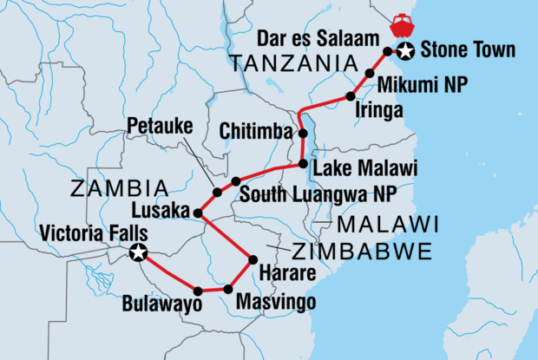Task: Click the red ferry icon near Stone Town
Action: click(402, 22)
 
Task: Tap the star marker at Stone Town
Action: click(404, 54)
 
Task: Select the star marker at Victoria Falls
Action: click(138, 252)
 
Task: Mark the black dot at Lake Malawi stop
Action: click(302, 163)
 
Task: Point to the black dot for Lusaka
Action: click(198, 213)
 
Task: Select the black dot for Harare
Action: click(252, 259)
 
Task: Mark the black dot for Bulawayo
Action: click(198, 291)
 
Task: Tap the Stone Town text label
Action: click(460, 52)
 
